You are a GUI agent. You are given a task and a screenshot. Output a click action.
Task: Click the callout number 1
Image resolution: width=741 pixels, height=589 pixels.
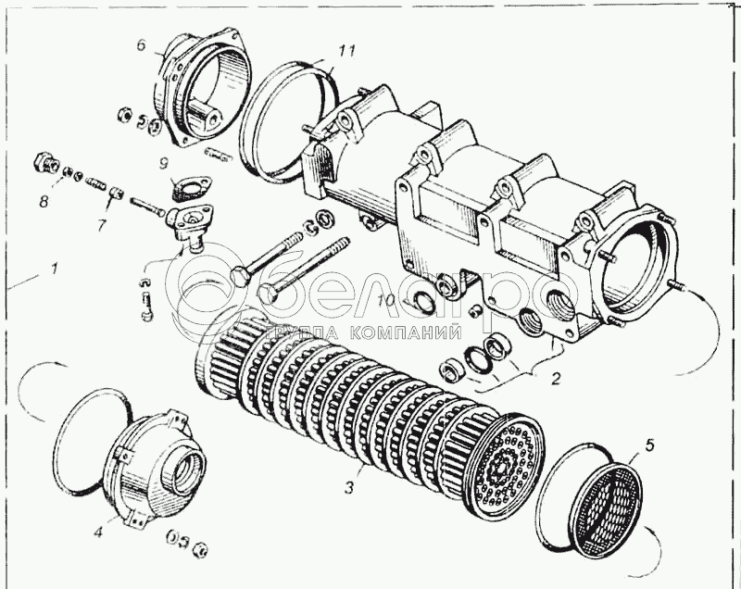55,269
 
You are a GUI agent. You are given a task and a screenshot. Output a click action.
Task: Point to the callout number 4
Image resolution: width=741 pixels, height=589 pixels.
98,531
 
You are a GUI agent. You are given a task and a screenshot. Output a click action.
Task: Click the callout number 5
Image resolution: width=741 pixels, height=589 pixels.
648,445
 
